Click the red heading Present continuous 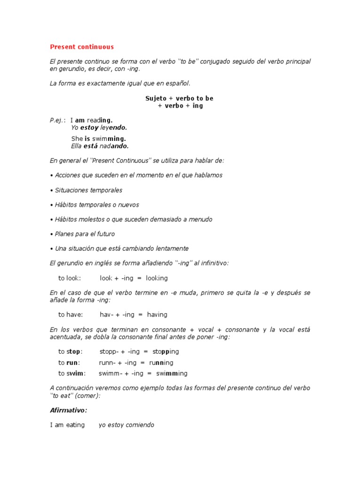click(x=82, y=47)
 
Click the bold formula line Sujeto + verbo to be click(x=180, y=98)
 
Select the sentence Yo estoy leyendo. click(x=99, y=127)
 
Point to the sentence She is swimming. click(x=98, y=139)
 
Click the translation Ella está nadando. click(x=100, y=146)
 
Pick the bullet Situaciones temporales click(x=87, y=190)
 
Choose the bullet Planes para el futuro click(x=84, y=234)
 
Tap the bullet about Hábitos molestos click(x=132, y=219)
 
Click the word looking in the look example click(x=157, y=278)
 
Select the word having click(x=157, y=315)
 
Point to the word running click(x=161, y=363)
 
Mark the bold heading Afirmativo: click(x=69, y=410)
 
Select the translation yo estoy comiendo click(x=126, y=425)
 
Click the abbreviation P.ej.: click(x=58, y=120)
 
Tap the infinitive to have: click(x=71, y=315)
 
